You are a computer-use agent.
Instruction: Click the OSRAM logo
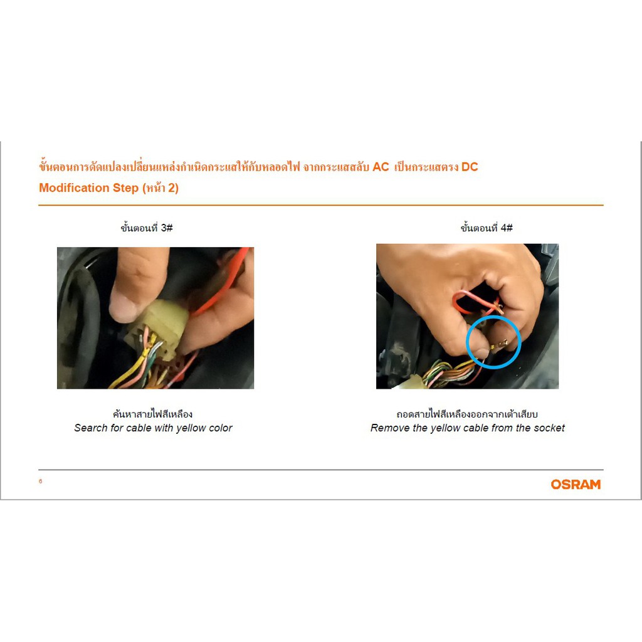click(576, 485)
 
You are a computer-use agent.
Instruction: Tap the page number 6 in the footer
click(41, 481)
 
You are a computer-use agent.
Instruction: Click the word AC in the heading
click(381, 167)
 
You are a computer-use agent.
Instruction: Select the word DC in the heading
click(470, 167)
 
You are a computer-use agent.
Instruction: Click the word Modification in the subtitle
click(74, 187)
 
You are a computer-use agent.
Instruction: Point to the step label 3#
click(167, 228)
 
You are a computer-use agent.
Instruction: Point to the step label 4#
click(507, 228)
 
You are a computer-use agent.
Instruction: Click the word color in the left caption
click(221, 428)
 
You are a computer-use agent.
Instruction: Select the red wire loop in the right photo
click(475, 302)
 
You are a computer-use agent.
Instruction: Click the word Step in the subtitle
click(125, 188)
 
